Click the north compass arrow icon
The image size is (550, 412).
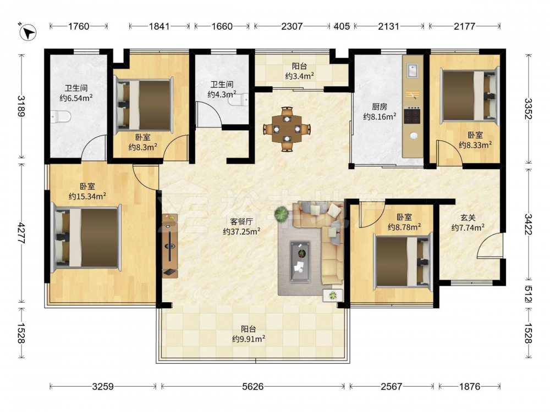(x=28, y=32)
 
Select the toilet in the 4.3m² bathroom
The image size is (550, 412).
(x=238, y=100)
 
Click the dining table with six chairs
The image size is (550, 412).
(x=287, y=129)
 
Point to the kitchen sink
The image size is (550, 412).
(x=413, y=70)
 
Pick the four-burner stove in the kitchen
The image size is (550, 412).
(x=412, y=115)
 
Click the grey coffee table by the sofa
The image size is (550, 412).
(x=300, y=257)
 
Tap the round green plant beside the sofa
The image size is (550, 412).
(x=281, y=214)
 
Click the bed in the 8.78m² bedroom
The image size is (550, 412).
(x=403, y=261)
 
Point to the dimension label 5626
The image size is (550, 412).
(x=253, y=386)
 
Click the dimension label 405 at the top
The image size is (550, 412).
(x=342, y=26)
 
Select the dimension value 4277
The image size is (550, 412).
(x=21, y=233)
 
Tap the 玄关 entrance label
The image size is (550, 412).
(x=468, y=218)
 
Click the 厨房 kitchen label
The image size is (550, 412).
(x=380, y=107)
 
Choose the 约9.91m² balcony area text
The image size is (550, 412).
(x=249, y=339)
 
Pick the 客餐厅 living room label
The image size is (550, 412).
(x=241, y=221)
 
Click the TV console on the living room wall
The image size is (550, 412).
(x=170, y=246)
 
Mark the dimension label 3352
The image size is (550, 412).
(x=528, y=109)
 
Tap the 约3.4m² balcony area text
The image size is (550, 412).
(x=299, y=76)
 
